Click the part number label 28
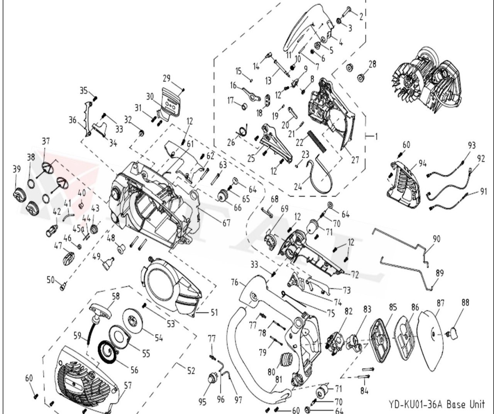[x=372, y=64]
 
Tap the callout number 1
[x=376, y=136]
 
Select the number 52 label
[x=191, y=371]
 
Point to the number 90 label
[x=436, y=239]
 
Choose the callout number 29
[x=166, y=78]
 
